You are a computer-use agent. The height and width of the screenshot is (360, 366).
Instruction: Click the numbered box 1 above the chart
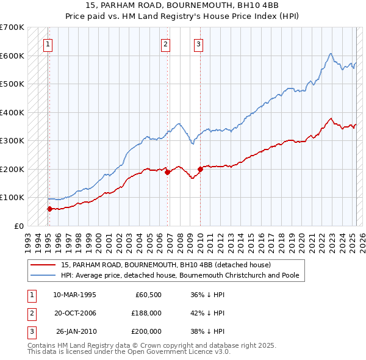coord(48,43)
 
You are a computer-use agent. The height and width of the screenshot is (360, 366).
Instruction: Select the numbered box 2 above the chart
coord(165,43)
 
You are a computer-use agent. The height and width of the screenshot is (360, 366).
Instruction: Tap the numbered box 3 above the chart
coord(199,43)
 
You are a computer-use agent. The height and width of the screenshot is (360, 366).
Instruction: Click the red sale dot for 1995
coord(49,209)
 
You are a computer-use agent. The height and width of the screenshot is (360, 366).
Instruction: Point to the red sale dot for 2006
coord(167,173)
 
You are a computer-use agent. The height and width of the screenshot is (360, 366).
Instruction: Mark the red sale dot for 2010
coord(200,169)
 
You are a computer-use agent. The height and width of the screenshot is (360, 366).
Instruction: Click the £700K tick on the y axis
coord(12,27)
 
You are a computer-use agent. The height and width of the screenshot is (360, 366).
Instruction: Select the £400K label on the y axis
coord(12,112)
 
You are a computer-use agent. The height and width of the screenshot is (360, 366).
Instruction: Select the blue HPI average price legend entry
coord(179,275)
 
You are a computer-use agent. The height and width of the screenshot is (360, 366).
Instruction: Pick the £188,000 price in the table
coord(146,313)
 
